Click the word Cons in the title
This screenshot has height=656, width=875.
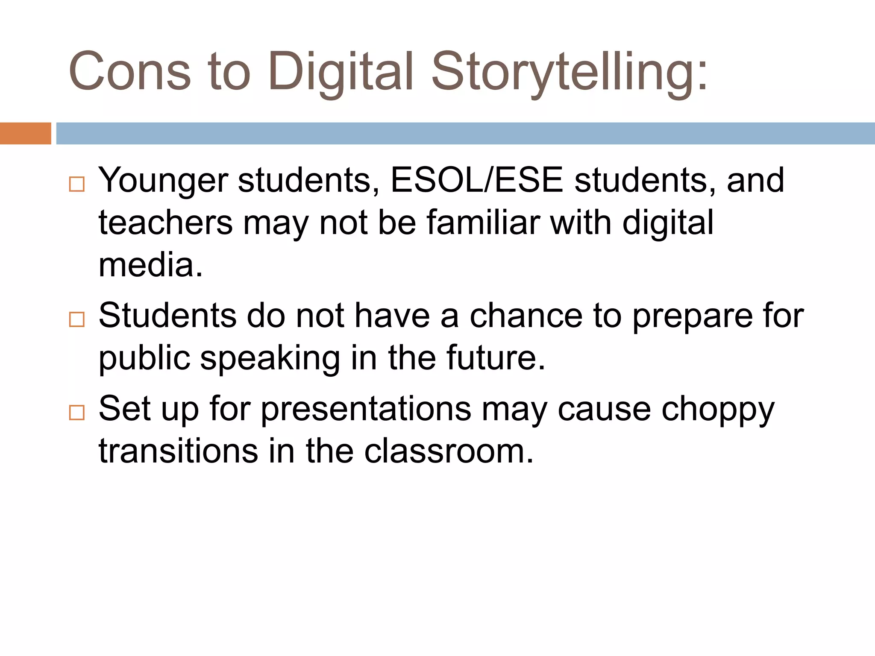coord(129,71)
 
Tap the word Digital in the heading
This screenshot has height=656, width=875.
coord(341,71)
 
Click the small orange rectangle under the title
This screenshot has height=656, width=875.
coord(25,133)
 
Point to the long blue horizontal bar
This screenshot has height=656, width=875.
coord(465,133)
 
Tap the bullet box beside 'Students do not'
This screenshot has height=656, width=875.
coord(77,319)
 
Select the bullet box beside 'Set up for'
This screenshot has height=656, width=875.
coord(77,413)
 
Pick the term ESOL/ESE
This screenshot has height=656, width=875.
coord(477,180)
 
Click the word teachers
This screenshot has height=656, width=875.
coord(166,223)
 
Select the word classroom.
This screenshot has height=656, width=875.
coord(449,451)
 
